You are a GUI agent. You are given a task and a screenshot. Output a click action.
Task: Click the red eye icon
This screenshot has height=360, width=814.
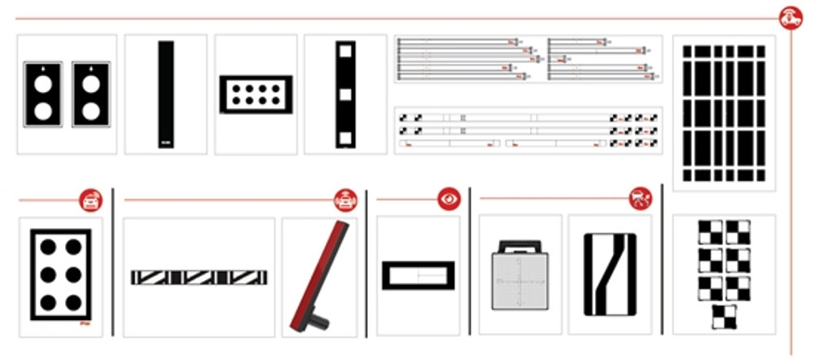449,199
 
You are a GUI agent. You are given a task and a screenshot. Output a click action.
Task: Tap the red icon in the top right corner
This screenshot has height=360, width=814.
790,17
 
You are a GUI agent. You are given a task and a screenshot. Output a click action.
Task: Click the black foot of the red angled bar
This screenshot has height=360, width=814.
317,321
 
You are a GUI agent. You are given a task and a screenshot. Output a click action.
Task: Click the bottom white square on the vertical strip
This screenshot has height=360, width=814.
345,136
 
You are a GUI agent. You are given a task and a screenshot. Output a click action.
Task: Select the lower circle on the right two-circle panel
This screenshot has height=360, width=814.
91,109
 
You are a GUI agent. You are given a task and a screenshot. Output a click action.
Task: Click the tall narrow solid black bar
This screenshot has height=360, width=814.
166,94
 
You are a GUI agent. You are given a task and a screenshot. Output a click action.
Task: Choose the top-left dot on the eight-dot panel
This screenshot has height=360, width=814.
236,86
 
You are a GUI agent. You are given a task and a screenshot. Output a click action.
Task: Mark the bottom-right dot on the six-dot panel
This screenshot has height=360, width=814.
73,303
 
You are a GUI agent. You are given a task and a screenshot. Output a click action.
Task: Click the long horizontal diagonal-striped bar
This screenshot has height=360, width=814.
199,278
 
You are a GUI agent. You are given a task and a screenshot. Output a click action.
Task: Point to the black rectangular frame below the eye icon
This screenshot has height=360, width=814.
418,275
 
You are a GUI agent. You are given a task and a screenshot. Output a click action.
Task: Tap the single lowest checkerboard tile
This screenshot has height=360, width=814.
724,317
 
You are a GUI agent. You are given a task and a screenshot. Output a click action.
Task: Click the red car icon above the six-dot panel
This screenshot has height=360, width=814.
90,200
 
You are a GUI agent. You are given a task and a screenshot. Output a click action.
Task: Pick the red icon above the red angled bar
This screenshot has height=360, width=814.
346,200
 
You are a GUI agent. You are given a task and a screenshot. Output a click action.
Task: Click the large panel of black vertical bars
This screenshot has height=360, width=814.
724,112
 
